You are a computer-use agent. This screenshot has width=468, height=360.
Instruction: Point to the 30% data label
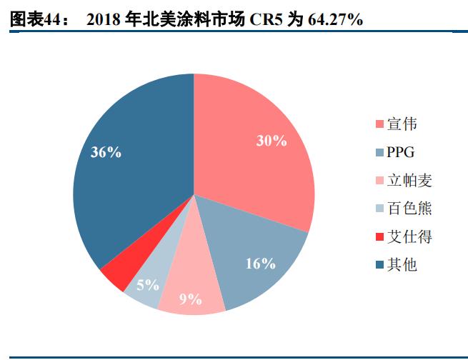point(272,141)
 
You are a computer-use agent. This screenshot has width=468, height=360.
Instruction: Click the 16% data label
point(260,264)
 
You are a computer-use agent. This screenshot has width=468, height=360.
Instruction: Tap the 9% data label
point(190,299)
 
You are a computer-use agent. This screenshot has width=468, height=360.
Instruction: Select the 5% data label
point(147,285)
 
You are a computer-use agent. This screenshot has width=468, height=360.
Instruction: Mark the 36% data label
point(106,151)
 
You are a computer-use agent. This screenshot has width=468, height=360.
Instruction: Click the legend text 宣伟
point(402,124)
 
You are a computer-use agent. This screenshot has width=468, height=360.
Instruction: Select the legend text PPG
point(400,152)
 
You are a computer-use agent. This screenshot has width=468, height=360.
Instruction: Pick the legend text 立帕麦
point(409,181)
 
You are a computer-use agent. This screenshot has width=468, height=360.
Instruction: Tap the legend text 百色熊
point(409,209)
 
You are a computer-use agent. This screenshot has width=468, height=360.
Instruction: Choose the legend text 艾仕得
point(409,236)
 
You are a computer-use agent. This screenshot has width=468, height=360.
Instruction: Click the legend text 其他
point(402,265)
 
